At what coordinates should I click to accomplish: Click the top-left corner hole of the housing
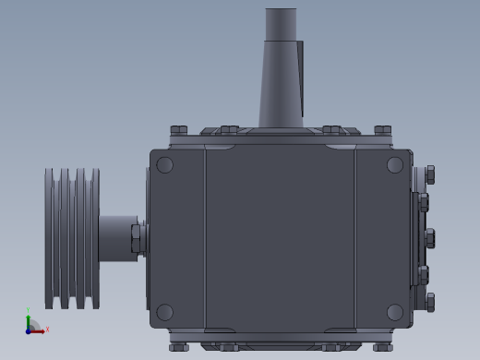[165, 165]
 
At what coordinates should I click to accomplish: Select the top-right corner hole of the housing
[395, 165]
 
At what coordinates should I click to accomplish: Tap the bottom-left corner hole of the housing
[165, 312]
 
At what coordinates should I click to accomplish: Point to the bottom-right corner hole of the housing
[395, 312]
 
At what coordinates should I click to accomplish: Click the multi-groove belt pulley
[72, 238]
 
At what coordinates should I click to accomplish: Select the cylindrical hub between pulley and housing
[116, 237]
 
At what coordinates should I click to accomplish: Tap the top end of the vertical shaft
[281, 14]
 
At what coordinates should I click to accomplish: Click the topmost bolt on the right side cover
[429, 174]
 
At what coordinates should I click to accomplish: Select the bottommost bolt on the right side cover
[429, 302]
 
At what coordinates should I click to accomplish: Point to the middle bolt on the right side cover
[429, 238]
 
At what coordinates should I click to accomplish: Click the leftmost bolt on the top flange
[179, 130]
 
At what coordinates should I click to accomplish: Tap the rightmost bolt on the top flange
[383, 130]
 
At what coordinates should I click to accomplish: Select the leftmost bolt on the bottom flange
[179, 347]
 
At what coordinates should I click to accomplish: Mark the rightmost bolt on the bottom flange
[383, 347]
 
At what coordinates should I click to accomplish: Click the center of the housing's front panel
[280, 238]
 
